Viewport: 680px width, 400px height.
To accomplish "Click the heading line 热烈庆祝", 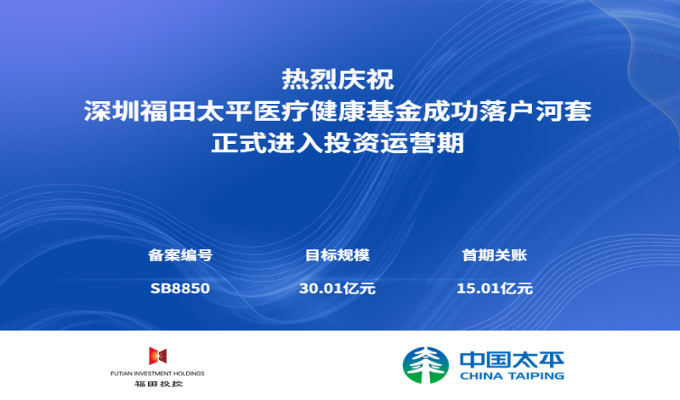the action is click(337, 79).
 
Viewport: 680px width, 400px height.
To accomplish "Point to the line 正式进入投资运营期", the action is click(337, 143).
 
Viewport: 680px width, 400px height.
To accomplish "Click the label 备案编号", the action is click(180, 255).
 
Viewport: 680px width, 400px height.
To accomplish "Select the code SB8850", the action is click(180, 289).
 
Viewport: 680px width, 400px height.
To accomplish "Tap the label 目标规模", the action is click(337, 255).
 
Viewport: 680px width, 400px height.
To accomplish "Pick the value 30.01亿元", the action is click(337, 289).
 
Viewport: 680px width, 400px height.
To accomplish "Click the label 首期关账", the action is click(495, 255).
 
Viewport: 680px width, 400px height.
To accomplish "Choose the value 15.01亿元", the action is click(495, 289).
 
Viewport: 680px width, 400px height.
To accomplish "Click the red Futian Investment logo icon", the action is click(157, 356).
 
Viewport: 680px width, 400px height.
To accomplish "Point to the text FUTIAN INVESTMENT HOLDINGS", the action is click(157, 374).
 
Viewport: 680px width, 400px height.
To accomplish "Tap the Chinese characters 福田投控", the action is click(158, 384).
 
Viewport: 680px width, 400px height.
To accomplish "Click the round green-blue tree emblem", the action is click(426, 365).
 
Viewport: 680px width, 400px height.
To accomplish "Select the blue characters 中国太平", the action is click(512, 360).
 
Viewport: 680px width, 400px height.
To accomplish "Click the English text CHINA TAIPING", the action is click(512, 376).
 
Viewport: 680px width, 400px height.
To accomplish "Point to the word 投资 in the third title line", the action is click(352, 143).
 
